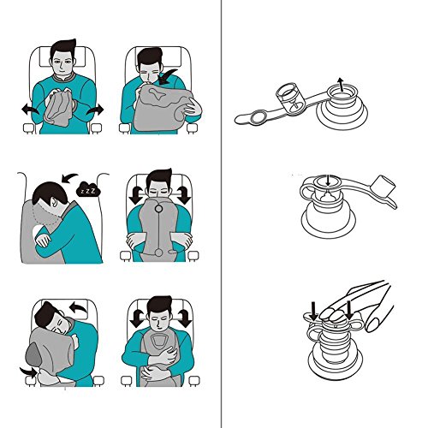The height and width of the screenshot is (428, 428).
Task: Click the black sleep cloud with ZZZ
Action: tap(89, 189)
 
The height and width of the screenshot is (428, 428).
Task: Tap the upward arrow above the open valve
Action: tap(340, 85)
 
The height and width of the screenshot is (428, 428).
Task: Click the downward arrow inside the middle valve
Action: tap(328, 180)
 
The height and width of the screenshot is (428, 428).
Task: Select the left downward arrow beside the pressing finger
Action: tap(314, 312)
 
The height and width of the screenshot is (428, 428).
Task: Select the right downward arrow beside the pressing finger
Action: tap(349, 310)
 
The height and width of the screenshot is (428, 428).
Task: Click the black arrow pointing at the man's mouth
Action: tap(167, 76)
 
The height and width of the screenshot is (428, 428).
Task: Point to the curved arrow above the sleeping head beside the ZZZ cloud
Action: tap(68, 177)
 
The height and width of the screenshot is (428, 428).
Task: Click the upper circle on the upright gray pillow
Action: tap(158, 209)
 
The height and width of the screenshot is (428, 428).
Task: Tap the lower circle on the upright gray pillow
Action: tap(159, 253)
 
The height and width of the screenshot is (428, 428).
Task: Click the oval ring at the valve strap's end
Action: tap(259, 117)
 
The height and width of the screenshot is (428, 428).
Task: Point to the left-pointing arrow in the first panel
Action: tap(29, 110)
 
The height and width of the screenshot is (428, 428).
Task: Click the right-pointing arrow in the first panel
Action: tap(95, 110)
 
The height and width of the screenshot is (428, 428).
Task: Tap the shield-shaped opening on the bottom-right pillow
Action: tap(159, 340)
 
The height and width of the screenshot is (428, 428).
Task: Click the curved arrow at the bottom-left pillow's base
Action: tap(28, 372)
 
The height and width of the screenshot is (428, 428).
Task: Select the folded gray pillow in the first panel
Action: tap(58, 109)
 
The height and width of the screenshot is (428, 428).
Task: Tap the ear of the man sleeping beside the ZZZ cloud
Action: tap(54, 201)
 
